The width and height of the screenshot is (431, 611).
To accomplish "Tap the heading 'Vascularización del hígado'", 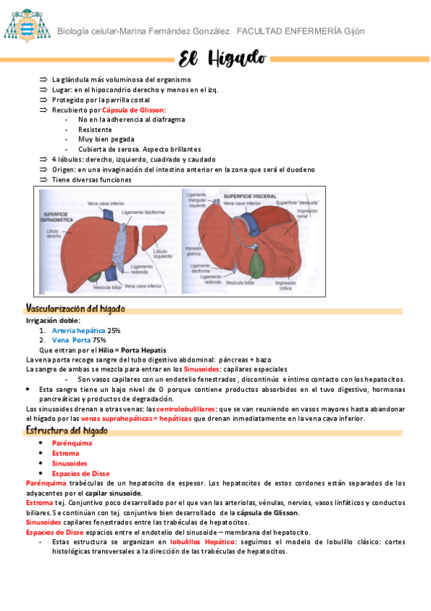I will click(x=75, y=308).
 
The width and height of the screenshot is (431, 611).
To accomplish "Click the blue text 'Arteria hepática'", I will click(x=78, y=330).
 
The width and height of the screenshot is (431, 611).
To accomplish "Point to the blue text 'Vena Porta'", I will click(x=71, y=339).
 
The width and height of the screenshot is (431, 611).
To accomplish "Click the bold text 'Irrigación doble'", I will click(x=53, y=320).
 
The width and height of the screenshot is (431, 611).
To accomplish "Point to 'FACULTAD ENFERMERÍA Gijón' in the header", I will click(x=300, y=31).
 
